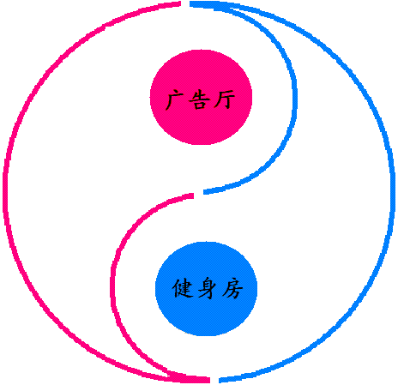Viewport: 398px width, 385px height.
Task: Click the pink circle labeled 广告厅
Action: click(x=201, y=97)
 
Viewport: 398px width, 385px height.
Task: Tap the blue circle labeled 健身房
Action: click(x=206, y=289)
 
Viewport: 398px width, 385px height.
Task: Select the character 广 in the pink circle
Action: click(x=175, y=100)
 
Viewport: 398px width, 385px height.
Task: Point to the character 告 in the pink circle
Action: click(x=199, y=100)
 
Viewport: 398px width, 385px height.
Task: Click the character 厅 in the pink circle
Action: click(x=225, y=99)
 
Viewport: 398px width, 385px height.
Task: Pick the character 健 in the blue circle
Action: click(x=182, y=289)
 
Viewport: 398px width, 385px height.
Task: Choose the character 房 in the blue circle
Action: click(x=232, y=289)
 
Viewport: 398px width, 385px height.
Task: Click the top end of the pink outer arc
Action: click(x=181, y=3)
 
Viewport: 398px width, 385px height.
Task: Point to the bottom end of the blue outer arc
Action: click(x=220, y=381)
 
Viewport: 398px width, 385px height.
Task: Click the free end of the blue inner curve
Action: click(x=204, y=192)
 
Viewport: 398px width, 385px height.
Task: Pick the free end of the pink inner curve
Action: click(x=193, y=196)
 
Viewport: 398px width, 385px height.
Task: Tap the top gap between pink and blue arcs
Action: click(x=185, y=3)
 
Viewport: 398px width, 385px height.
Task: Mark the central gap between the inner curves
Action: click(x=199, y=194)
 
